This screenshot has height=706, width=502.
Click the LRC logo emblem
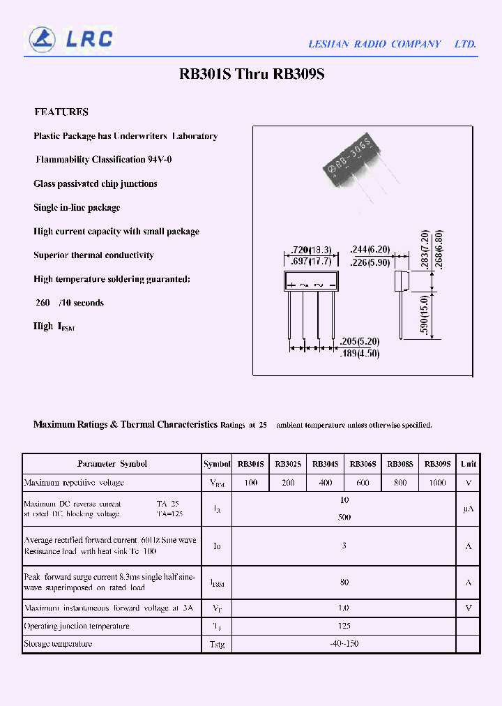tap(42, 39)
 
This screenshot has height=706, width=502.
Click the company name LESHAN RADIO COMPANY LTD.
tap(392, 44)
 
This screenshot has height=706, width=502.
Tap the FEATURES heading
tap(61, 112)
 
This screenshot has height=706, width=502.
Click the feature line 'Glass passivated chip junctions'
tap(96, 183)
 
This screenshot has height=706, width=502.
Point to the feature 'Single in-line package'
tap(77, 207)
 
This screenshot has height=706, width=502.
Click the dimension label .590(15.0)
tap(425, 315)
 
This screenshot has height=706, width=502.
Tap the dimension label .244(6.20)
tap(370, 250)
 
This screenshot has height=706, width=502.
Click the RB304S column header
tap(326, 464)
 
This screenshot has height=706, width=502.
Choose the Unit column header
tap(469, 464)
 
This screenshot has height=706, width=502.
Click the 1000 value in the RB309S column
tap(438, 483)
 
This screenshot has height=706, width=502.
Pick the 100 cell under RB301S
tap(251, 483)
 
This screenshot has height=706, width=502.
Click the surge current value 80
tap(344, 582)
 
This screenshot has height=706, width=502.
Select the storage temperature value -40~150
tap(344, 644)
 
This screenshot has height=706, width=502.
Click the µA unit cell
tap(469, 509)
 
